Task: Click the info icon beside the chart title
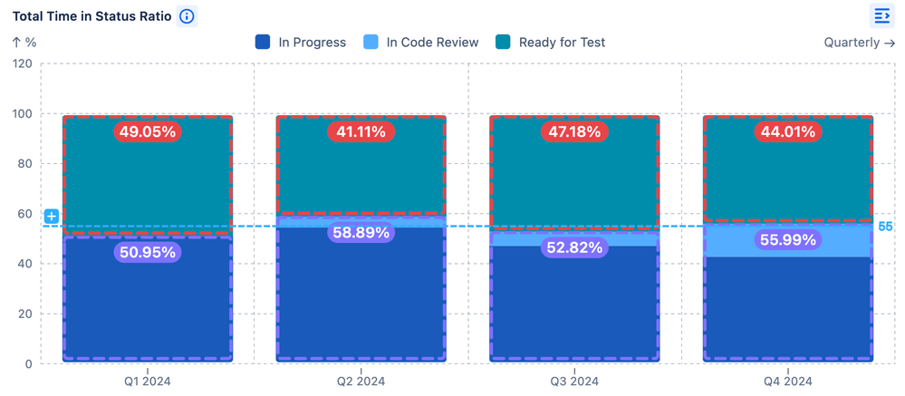click(187, 16)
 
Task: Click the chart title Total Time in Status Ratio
click(91, 16)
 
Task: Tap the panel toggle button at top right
click(881, 16)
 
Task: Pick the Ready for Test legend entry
click(551, 42)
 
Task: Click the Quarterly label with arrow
click(859, 42)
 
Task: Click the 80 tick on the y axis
click(24, 164)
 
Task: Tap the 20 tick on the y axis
click(24, 314)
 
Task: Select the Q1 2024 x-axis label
click(147, 382)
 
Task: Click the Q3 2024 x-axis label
click(574, 382)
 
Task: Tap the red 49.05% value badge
click(147, 131)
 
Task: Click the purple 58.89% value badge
click(361, 233)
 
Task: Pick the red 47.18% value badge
click(574, 131)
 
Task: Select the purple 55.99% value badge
click(788, 240)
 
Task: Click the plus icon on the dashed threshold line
click(52, 216)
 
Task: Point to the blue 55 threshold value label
click(885, 227)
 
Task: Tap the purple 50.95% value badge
click(147, 252)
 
